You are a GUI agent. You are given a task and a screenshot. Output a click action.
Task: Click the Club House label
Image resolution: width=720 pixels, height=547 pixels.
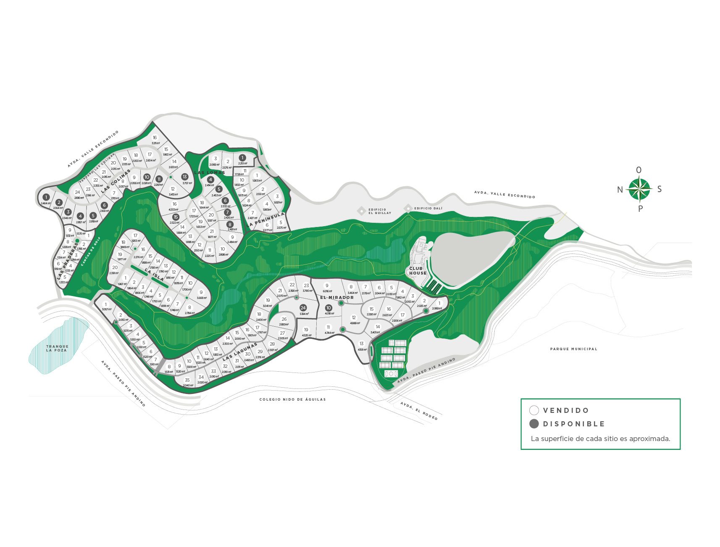coord(418,271)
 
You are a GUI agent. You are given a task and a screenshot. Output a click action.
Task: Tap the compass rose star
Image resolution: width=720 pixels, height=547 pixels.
coord(639,189)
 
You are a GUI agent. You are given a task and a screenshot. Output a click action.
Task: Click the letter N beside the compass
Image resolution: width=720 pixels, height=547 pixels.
coord(620,190)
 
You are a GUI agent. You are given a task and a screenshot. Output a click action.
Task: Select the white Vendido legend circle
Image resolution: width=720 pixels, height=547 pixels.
coord(534,410)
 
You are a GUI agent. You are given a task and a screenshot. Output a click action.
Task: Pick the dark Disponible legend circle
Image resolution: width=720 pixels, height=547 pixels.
coord(534,424)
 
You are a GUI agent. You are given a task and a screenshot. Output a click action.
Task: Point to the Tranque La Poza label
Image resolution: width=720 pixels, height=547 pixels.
coord(57,348)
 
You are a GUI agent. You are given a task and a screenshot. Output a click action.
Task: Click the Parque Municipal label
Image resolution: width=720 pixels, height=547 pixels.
coord(573,349)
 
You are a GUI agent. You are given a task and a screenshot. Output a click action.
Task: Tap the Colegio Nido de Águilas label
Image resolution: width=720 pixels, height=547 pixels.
coord(292,399)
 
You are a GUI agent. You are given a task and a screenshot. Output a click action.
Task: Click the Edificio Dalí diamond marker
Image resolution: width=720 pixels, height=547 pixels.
coord(407,208)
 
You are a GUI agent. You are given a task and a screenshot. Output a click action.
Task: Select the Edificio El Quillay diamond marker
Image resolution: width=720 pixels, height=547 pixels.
coord(361,211)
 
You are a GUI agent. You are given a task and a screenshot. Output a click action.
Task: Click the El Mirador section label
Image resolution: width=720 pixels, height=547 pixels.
coord(337,298)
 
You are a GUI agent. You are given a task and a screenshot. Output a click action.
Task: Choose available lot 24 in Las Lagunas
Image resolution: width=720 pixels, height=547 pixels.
coord(303,308)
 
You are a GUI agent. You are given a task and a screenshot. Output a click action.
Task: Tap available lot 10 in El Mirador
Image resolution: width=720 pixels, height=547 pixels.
coord(328,308)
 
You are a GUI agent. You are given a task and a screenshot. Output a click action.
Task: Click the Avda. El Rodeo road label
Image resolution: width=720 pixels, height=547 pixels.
coord(419,411)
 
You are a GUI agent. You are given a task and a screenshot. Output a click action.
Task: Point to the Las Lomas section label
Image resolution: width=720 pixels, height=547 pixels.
coord(210,172)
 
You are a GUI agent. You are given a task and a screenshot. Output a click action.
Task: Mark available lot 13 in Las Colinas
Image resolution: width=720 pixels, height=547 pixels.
coord(184,177)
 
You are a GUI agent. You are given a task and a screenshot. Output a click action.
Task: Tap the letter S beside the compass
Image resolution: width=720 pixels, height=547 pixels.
coord(659,189)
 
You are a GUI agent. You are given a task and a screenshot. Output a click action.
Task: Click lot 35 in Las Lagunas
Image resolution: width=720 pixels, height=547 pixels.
coord(187,380)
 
